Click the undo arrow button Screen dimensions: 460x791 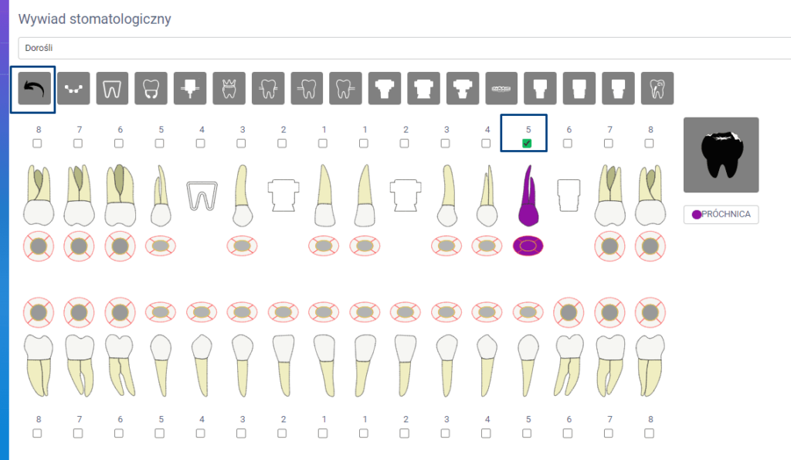pos(32,90)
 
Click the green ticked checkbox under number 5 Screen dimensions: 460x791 pos(527,143)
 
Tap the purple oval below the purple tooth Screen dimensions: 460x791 pos(528,246)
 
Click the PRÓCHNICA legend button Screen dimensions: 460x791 pos(721,214)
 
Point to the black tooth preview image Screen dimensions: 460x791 pos(721,155)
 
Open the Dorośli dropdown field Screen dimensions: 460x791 pos(402,48)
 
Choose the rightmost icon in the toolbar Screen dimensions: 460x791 pos(657,89)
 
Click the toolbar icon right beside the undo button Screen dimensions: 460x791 pos(74,89)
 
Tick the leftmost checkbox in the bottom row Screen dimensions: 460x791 pos(37,433)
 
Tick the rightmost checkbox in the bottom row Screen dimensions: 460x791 pos(650,433)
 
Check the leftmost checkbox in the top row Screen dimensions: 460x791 pos(37,143)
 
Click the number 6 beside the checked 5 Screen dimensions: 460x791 pos(569,130)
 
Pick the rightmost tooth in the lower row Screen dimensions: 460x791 pos(650,363)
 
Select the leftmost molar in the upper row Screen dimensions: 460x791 pos(37,195)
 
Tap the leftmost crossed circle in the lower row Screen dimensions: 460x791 pos(37,312)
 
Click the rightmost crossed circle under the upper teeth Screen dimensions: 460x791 pos(650,246)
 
